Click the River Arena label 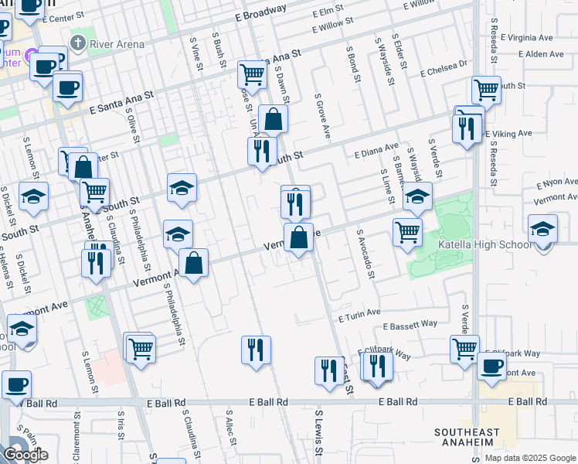117,44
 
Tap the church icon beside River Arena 77,42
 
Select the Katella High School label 485,245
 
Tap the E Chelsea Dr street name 444,70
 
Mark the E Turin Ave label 359,313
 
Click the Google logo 25,455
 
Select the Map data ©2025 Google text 530,458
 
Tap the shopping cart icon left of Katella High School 407,231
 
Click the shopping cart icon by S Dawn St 252,75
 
